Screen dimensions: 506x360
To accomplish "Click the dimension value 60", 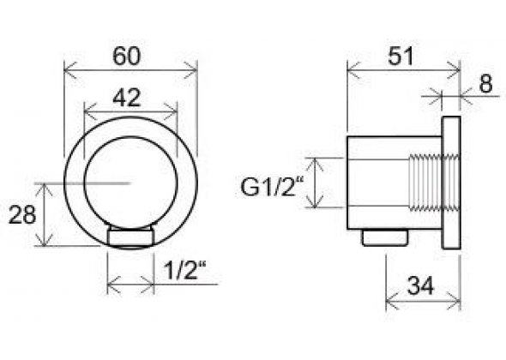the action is (127, 56).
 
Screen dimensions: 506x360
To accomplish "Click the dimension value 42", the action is (127, 98).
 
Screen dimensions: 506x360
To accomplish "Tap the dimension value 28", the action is (22, 215).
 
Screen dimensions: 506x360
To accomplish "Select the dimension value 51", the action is (401, 56).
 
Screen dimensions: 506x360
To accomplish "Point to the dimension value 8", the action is (485, 84).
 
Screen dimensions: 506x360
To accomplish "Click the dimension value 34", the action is (420, 285).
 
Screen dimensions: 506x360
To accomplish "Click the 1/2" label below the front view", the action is (184, 270).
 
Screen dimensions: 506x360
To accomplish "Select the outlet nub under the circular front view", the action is (130, 237).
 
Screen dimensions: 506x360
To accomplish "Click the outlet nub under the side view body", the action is (385, 237).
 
